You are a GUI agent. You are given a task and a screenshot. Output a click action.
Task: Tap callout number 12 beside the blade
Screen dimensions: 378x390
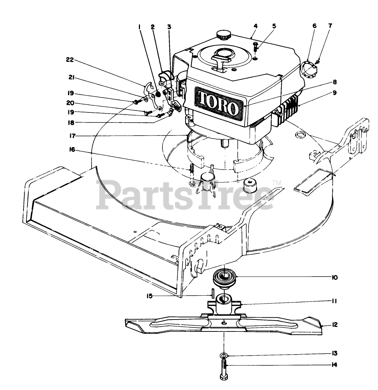click(335, 325)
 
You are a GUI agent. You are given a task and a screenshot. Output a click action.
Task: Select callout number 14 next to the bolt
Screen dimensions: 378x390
click(335, 365)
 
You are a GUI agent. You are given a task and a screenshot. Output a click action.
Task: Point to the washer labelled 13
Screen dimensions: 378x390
click(224, 356)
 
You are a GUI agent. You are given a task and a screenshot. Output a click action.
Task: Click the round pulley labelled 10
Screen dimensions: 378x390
click(223, 278)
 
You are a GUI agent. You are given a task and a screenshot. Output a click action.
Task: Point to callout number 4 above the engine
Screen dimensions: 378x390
click(255, 26)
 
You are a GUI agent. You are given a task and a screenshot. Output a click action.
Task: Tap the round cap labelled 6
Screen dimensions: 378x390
click(306, 68)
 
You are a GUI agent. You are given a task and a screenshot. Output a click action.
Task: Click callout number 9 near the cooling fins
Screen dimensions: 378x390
click(335, 93)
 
